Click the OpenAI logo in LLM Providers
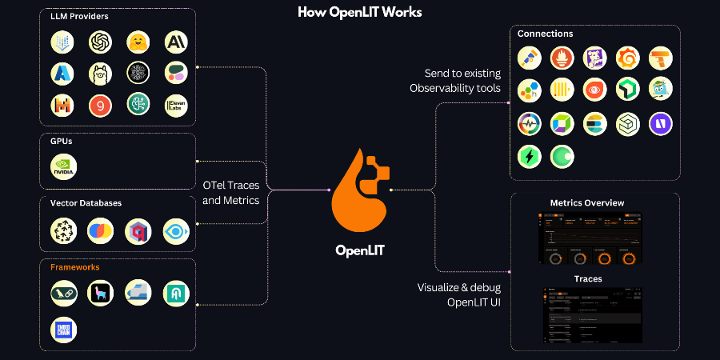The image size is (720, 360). tap(100, 42)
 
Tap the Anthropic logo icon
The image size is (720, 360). tap(176, 42)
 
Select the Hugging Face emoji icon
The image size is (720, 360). tap(138, 42)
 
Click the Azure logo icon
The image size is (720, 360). tap(62, 74)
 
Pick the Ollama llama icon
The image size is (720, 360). tap(100, 74)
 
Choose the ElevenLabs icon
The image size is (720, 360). tap(176, 105)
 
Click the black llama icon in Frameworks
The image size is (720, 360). tap(100, 294)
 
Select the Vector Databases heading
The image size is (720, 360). tap(86, 203)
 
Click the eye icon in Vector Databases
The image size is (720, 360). tap(176, 231)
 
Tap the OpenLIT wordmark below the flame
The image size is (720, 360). tap(359, 250)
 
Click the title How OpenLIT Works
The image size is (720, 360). tap(359, 12)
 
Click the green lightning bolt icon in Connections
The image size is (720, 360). tap(529, 155)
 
